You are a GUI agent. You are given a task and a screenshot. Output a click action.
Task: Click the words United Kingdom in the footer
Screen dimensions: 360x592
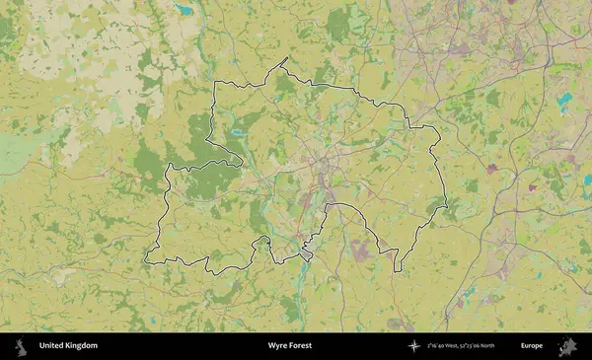pyautogui.click(x=68, y=346)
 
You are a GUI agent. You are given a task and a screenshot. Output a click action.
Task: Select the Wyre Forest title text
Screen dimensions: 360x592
pyautogui.click(x=291, y=346)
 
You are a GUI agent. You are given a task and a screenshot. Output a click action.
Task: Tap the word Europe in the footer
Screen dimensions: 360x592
pyautogui.click(x=532, y=346)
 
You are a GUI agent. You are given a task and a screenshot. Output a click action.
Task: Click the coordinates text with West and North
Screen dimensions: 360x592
pyautogui.click(x=468, y=346)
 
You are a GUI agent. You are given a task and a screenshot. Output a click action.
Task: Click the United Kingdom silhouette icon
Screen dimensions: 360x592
pyautogui.click(x=20, y=346)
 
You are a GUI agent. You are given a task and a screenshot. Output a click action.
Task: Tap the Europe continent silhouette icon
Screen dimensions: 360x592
pyautogui.click(x=568, y=346)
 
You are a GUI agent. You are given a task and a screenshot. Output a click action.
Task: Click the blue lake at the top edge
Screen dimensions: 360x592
pyautogui.click(x=184, y=10)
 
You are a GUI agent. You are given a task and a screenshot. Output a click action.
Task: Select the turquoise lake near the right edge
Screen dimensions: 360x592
pyautogui.click(x=563, y=101)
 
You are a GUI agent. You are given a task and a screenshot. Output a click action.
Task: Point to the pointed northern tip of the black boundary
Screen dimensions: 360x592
pyautogui.click(x=286, y=58)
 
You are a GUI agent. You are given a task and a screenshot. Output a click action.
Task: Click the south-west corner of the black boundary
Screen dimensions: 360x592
pyautogui.click(x=146, y=261)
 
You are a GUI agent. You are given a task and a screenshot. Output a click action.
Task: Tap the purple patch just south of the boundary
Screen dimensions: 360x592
pyautogui.click(x=359, y=252)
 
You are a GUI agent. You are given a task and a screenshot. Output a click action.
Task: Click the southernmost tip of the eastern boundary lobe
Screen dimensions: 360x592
pyautogui.click(x=397, y=270)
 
